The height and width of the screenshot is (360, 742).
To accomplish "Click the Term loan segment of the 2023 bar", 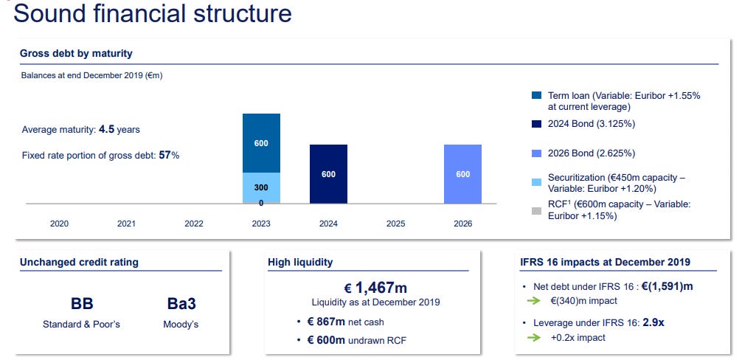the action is pos(261,143).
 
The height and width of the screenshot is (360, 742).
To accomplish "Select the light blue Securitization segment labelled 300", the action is pos(261,188).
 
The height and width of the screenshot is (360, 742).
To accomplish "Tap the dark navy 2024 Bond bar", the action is pos(328,174).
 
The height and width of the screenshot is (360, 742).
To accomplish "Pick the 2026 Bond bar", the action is pos(462,174).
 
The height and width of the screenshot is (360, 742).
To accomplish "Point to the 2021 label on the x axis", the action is pos(126,224).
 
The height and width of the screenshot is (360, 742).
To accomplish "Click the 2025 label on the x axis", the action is pos(395,224).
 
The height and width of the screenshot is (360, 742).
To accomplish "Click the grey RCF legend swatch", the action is pos(536,211).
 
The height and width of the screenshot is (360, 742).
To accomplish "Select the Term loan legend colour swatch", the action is pos(536,96).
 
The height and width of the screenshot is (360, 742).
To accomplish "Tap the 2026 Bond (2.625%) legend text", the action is pos(592,153).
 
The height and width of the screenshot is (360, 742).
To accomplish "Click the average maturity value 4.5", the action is pos(106,129).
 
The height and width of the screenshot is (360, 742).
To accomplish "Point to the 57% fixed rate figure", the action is pos(169,155).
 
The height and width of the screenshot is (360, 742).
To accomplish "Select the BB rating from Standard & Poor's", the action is pos(82,303).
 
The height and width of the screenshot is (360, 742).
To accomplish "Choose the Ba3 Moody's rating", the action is pos(181,303).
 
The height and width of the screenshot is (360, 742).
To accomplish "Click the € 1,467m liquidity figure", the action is pos(375,287).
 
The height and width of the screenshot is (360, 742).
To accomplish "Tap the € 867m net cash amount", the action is pos(326,322).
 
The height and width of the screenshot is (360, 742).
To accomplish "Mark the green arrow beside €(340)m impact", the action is pos(533,300).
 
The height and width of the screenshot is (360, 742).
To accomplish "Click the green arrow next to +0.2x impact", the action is pos(533,337).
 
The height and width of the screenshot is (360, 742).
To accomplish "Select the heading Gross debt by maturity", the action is pos(76,53).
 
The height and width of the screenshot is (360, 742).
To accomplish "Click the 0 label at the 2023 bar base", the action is pos(261,203).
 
